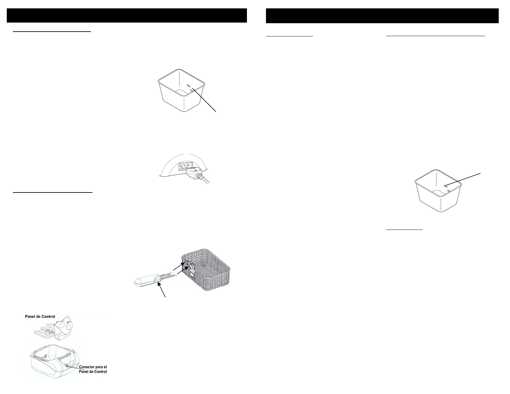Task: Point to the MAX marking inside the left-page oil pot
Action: click(x=189, y=85)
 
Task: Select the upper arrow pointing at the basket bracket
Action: click(x=178, y=266)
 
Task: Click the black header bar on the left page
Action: click(x=127, y=15)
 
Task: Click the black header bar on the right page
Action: click(x=382, y=15)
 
